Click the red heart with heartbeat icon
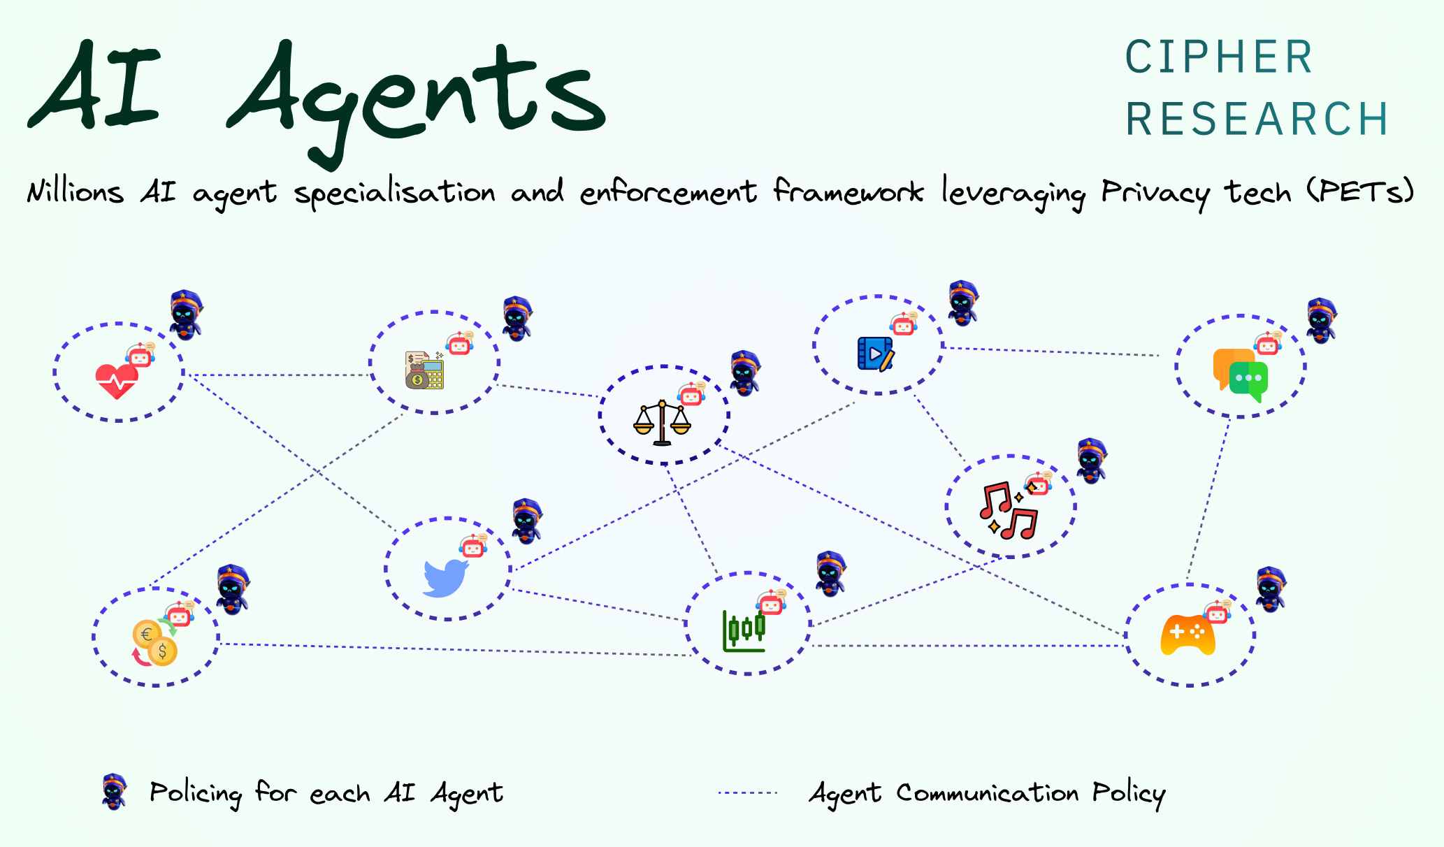click(116, 382)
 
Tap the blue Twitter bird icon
click(445, 577)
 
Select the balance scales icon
click(661, 423)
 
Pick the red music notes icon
click(1008, 511)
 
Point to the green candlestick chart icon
click(744, 630)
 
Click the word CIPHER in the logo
click(1219, 57)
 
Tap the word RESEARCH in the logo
click(1257, 119)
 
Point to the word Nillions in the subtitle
click(75, 191)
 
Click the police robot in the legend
click(114, 792)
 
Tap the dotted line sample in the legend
click(748, 793)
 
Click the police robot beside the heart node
click(185, 314)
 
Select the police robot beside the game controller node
click(1270, 589)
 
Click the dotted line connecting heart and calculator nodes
click(280, 375)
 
